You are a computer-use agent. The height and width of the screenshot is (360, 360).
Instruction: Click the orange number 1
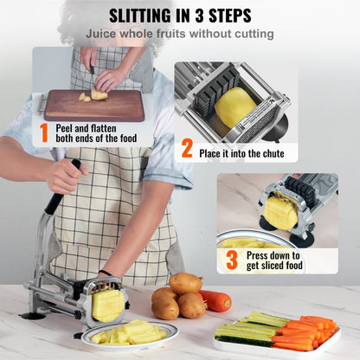click(x=43, y=132)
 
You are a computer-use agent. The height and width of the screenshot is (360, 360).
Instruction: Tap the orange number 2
click(x=187, y=148)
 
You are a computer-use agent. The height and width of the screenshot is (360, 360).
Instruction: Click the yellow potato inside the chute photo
click(x=235, y=106)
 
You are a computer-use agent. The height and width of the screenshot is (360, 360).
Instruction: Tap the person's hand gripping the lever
click(x=67, y=176)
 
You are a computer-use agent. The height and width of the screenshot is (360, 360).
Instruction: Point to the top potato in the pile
click(x=185, y=282)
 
